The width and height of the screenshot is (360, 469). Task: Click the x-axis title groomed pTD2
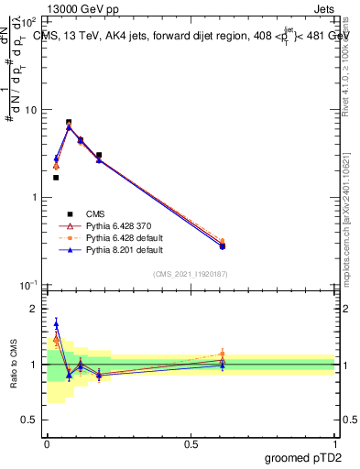[303, 456]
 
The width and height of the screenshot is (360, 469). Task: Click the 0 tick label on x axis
[46, 443]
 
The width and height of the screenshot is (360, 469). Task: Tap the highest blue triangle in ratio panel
[56, 323]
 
